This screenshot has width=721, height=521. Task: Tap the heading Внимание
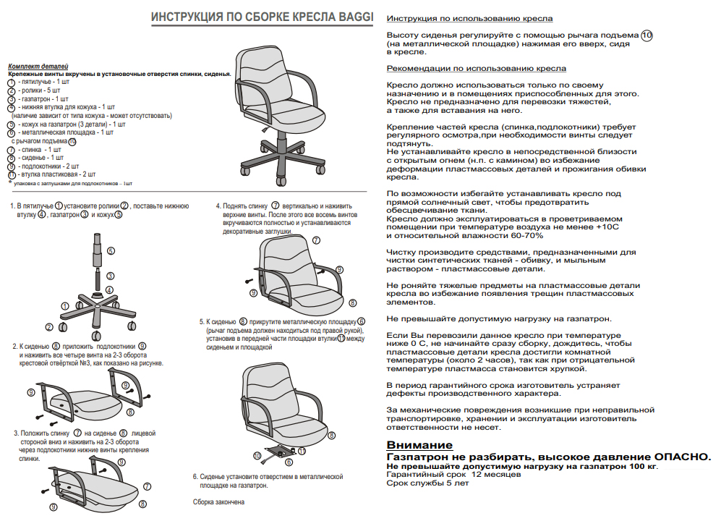pyautogui.click(x=419, y=445)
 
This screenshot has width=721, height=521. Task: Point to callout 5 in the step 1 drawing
pyautogui.click(x=111, y=250)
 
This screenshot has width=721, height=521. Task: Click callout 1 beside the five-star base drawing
pyautogui.click(x=64, y=306)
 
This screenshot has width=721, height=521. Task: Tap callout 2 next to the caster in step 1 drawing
pyautogui.click(x=48, y=327)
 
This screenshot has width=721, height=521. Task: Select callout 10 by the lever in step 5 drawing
pyautogui.click(x=257, y=455)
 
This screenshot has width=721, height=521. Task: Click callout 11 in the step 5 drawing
pyautogui.click(x=302, y=450)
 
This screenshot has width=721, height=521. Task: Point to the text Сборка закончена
pyautogui.click(x=218, y=501)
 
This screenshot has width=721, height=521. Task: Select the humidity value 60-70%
pyautogui.click(x=529, y=235)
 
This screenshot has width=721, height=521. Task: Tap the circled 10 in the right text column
pyautogui.click(x=647, y=35)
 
